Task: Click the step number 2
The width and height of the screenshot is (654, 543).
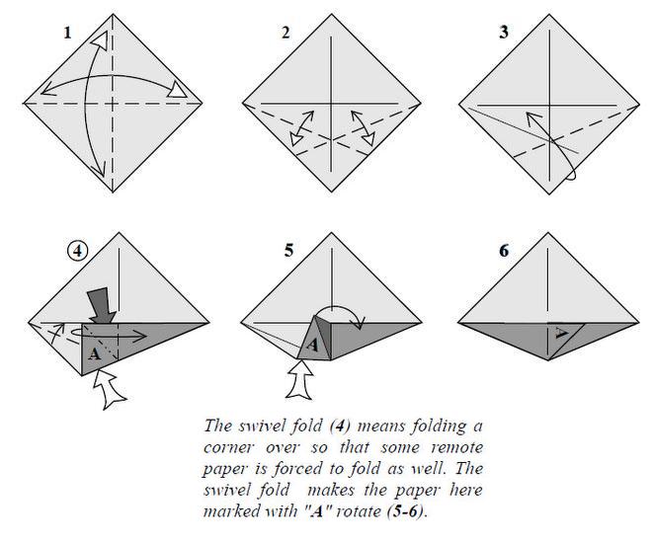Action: coord(286,34)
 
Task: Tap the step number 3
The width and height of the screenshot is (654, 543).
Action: coord(504,34)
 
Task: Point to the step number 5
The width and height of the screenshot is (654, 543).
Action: coord(288,251)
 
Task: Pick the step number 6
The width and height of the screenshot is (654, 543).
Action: coord(506,251)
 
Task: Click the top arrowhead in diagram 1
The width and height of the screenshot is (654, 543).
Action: coord(100,39)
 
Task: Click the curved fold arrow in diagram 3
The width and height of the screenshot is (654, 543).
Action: coord(548,148)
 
